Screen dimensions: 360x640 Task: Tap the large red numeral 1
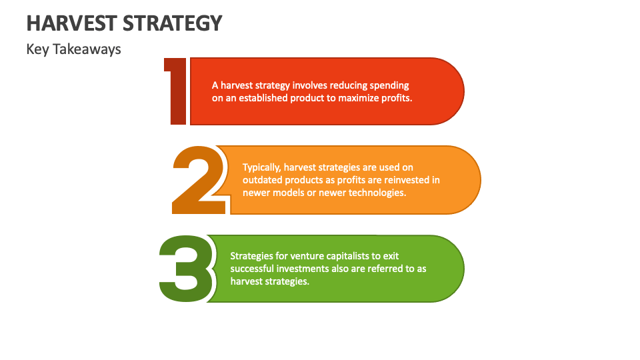click(175, 91)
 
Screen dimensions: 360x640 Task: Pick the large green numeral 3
click(187, 269)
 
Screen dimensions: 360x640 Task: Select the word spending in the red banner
click(387, 85)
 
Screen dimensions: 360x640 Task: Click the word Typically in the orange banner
click(263, 167)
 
